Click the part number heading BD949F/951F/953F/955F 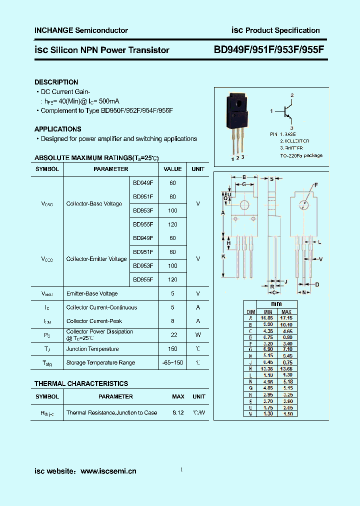point(269,49)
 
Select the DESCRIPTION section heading point(56,82)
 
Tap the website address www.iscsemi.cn point(108,471)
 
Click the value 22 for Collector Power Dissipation point(172,335)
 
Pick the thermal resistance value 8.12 point(178,412)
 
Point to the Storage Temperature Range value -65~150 point(172,362)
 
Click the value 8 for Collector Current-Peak point(172,321)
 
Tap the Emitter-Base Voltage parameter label point(92,293)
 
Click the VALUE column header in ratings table point(172,169)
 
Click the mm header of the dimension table point(276,304)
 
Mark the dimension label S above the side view point(271,178)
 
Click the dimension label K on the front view point(223,256)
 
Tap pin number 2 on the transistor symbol point(292,95)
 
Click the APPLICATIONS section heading point(57,129)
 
